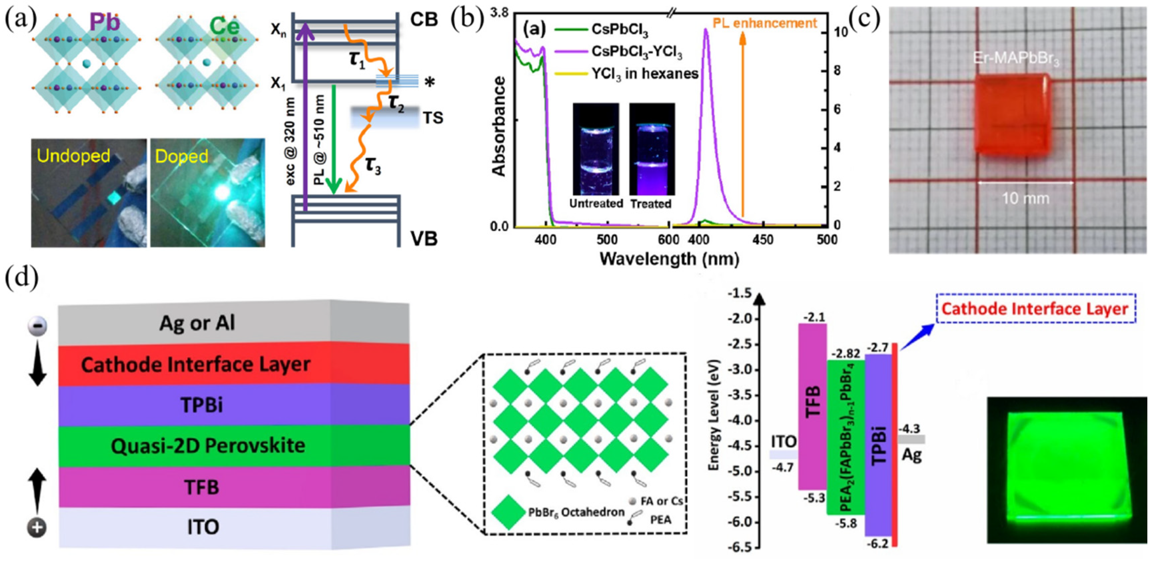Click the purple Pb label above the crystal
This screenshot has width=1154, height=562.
[104, 22]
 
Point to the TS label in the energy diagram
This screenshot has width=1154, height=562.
[433, 118]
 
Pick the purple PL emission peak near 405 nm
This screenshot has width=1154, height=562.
[706, 36]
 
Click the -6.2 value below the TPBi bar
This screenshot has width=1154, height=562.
[877, 544]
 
